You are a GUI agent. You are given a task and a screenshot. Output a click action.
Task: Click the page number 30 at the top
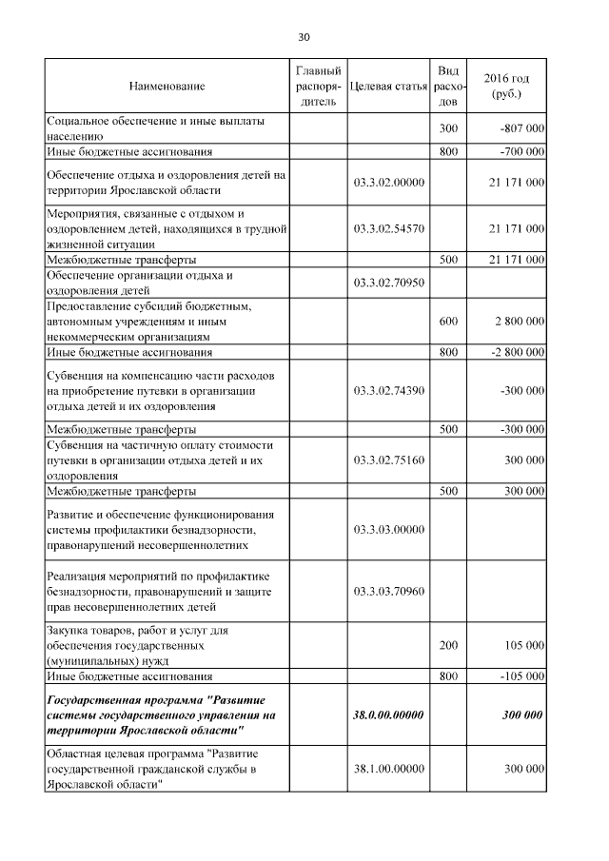point(304,37)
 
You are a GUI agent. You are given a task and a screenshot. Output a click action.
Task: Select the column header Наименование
point(167,87)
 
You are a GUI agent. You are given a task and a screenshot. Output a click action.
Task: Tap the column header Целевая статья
point(387,87)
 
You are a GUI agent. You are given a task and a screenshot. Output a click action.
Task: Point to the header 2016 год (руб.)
point(506,87)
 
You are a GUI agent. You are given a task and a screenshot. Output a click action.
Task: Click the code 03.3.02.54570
point(387,228)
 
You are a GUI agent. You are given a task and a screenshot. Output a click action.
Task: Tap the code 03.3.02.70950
point(387,283)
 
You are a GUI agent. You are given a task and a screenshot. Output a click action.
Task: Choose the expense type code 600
point(448,323)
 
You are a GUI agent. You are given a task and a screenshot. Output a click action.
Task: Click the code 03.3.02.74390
point(387,390)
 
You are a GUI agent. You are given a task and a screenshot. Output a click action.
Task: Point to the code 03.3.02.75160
point(387,460)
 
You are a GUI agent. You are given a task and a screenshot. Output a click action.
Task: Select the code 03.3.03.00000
point(387,529)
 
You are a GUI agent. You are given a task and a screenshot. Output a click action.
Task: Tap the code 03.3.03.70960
point(387,592)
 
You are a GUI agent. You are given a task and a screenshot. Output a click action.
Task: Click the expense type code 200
point(448,645)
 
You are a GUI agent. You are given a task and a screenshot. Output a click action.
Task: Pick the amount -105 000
point(521,676)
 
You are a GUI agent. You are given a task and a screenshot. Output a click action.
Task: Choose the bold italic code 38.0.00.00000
point(387,714)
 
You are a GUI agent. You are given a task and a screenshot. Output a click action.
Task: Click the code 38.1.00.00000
point(387,768)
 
